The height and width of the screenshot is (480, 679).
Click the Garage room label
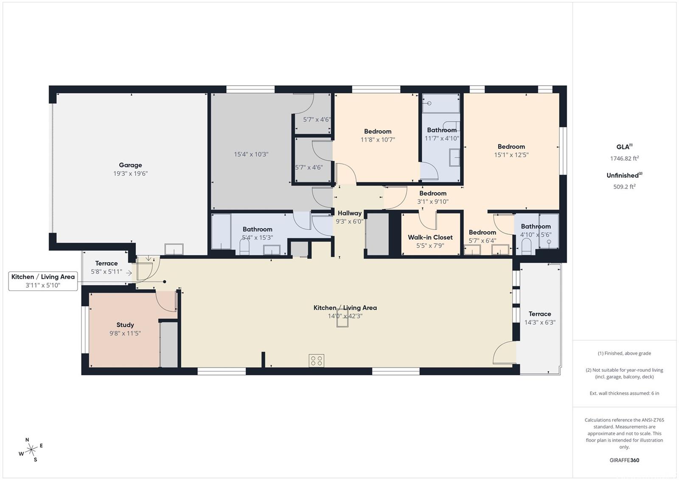130,165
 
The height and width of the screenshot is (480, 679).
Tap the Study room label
125,325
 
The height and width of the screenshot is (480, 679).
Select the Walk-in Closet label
430,237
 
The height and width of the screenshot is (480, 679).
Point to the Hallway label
350,213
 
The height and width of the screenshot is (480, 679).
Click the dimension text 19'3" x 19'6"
130,174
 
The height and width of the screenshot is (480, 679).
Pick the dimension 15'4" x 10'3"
251,154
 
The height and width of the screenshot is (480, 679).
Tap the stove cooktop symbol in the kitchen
317,361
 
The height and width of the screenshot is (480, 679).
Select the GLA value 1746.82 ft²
624,158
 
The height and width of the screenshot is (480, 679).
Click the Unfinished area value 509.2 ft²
624,186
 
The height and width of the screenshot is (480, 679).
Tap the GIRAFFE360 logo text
624,460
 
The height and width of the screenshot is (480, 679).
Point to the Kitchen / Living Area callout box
43,281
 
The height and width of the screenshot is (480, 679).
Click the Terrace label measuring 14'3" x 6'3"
540,314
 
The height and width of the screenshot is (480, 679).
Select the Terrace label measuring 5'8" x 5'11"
107,263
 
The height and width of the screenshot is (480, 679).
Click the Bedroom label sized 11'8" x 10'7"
378,131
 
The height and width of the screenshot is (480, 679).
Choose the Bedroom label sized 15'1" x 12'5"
511,146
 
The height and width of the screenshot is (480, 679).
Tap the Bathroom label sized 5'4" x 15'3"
257,229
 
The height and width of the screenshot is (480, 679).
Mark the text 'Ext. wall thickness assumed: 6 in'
624,393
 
